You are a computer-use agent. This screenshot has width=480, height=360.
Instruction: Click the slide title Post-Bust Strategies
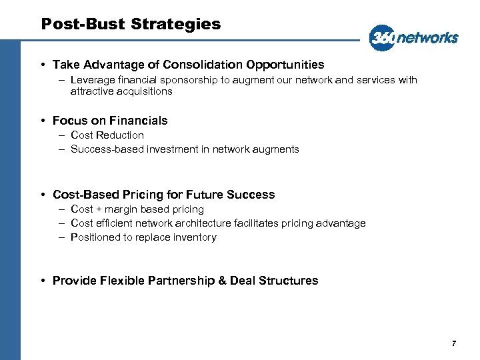point(131,25)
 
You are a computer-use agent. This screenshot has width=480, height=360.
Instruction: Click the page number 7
point(454,343)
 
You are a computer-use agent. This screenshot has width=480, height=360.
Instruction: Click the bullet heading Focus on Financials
point(110,121)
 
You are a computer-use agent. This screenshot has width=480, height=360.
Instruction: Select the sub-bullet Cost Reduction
point(107,135)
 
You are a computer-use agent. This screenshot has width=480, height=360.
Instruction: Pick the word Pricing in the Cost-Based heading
point(146,195)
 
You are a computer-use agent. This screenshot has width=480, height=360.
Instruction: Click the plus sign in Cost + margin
point(99,209)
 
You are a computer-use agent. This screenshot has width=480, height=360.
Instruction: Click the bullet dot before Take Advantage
point(42,65)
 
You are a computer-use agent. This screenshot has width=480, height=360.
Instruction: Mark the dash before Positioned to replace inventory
point(61,237)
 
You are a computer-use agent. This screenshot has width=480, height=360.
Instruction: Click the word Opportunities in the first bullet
point(285,65)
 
